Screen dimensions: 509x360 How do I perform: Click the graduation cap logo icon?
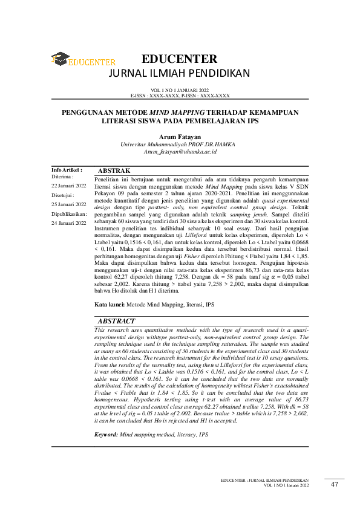pyautogui.click(x=60, y=59)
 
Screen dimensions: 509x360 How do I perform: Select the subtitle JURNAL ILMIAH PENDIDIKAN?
pyautogui.click(x=178, y=74)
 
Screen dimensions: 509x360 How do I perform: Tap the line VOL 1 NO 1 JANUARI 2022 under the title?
pyautogui.click(x=179, y=91)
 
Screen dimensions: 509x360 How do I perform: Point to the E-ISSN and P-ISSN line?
pyautogui.click(x=180, y=96)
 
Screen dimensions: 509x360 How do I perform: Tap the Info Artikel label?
pyautogui.click(x=67, y=171)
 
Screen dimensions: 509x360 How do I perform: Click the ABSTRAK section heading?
pyautogui.click(x=114, y=172)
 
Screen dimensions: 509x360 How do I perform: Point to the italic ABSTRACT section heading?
pyautogui.click(x=116, y=322)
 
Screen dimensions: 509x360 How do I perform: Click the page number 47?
pyautogui.click(x=335, y=484)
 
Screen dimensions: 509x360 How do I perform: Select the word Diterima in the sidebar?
pyautogui.click(x=63, y=177)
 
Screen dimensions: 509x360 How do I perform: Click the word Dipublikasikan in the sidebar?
pyautogui.click(x=69, y=214)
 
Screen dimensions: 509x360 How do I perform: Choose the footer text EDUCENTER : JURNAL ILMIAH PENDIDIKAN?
pyautogui.click(x=266, y=480)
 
